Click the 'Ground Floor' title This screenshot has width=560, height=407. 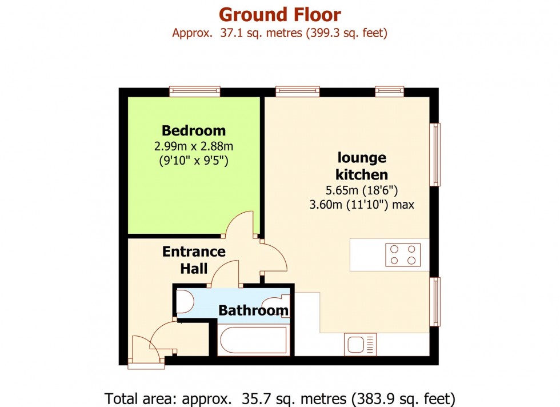279,14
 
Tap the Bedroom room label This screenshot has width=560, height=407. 193,130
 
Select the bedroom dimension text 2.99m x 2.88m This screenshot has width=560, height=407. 193,146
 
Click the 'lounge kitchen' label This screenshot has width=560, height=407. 362,166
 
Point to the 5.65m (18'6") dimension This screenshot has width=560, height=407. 361,191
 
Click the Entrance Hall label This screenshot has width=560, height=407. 194,260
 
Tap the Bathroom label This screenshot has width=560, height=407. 253,311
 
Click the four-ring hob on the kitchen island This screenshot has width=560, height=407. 403,255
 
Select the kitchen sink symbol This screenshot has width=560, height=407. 361,345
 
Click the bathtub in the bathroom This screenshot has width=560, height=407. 253,341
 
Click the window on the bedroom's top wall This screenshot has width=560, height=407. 195,91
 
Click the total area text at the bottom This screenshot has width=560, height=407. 279,397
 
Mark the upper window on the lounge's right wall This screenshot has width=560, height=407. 435,154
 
